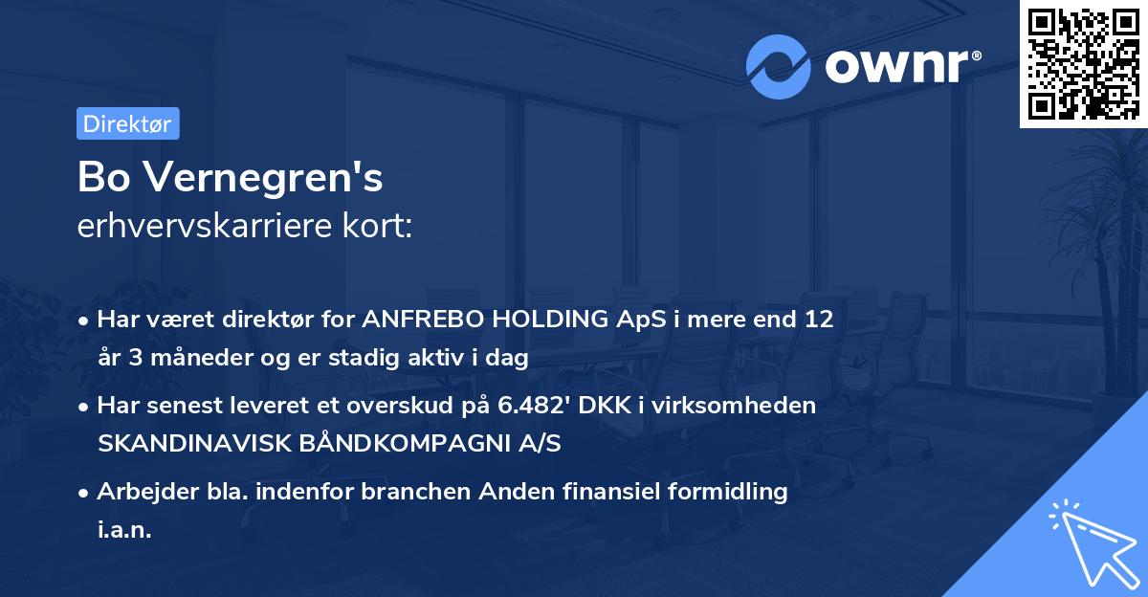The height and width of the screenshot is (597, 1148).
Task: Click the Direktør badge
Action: [127, 123]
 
